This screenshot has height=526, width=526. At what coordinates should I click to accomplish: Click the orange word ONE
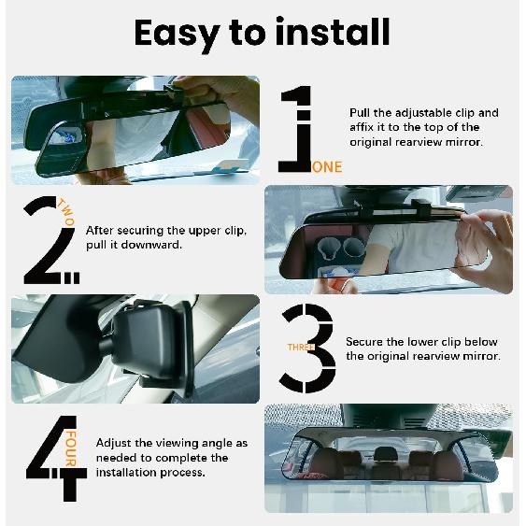point(327,167)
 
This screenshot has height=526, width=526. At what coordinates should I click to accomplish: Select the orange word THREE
point(299,348)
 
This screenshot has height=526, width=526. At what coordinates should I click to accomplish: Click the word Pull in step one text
point(361,112)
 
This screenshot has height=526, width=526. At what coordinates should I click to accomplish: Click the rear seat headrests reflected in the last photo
point(383,457)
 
